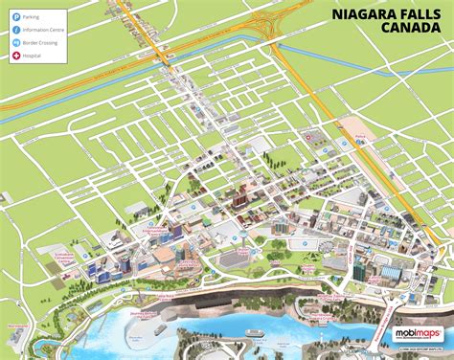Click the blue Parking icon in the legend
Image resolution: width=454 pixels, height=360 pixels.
[x=14, y=16]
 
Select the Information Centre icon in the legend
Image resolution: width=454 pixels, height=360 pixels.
[x=14, y=30]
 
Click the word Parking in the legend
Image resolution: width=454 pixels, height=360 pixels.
[x=33, y=16]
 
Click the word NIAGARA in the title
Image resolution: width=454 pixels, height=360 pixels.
[x=362, y=14]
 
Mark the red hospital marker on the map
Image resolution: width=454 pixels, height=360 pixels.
[x=309, y=138]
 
